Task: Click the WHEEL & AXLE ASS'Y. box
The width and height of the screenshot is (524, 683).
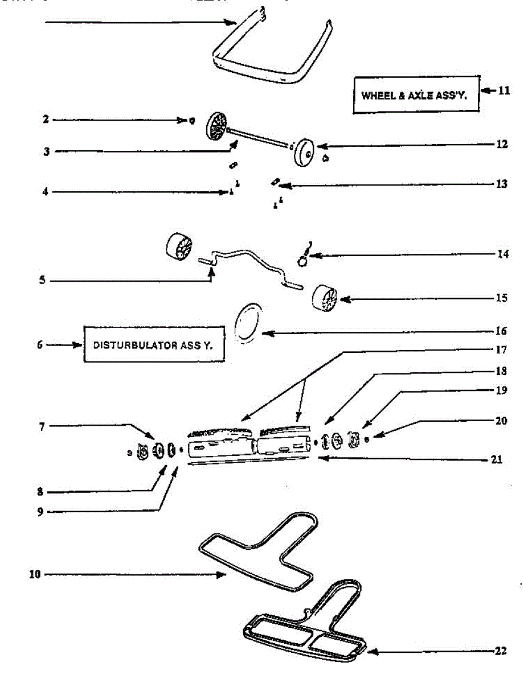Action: (x=415, y=95)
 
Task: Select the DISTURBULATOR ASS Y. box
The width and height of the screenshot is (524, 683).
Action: (x=153, y=345)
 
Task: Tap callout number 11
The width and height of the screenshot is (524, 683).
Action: (x=503, y=90)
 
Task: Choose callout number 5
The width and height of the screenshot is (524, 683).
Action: (x=42, y=281)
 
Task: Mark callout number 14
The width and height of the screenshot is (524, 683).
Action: (x=502, y=254)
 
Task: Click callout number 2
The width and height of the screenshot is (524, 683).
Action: (x=45, y=120)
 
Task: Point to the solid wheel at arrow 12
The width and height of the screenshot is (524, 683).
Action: (x=305, y=151)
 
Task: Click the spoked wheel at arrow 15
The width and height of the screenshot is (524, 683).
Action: (x=325, y=298)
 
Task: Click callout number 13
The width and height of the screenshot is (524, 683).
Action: (x=501, y=184)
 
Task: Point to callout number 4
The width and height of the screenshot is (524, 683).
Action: (x=45, y=192)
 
